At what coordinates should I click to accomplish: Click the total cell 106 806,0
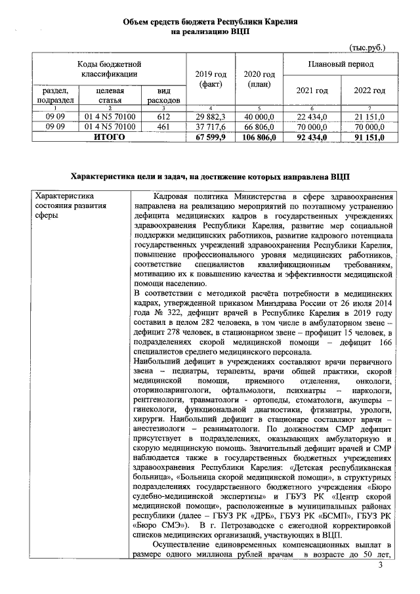coord(255,137)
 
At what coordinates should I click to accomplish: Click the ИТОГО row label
coord(109,137)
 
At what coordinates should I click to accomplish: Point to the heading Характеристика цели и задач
coord(210,177)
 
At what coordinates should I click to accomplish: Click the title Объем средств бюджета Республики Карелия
coord(210,23)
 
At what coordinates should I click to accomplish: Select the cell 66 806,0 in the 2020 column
coord(255,127)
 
